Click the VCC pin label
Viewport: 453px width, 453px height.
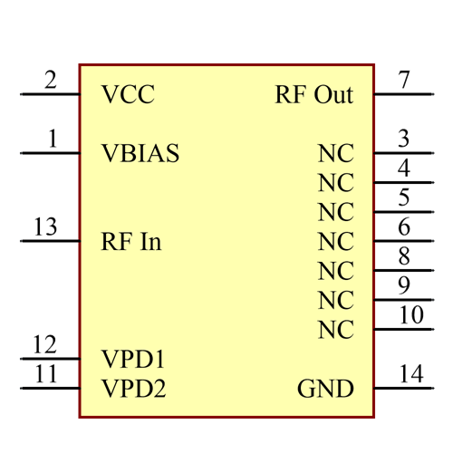(128, 95)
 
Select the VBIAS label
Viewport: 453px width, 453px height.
(140, 154)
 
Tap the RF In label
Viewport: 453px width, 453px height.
(131, 242)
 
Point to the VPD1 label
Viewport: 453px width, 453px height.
(134, 360)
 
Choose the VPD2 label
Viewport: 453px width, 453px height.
(134, 390)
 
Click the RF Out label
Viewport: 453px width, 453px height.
(313, 95)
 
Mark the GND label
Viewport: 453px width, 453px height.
(325, 390)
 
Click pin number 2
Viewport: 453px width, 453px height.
(50, 80)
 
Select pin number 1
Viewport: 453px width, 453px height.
(52, 139)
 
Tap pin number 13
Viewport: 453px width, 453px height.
(45, 226)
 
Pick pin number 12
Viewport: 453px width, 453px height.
(44, 344)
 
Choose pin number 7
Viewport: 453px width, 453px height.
(404, 80)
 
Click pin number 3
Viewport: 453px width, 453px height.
(404, 139)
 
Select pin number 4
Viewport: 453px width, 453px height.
(404, 168)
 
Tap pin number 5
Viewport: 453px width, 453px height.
(404, 198)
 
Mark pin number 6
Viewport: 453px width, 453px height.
(404, 226)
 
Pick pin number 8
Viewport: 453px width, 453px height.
(404, 256)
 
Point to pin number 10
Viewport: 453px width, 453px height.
(411, 315)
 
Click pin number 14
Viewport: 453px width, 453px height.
(411, 374)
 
